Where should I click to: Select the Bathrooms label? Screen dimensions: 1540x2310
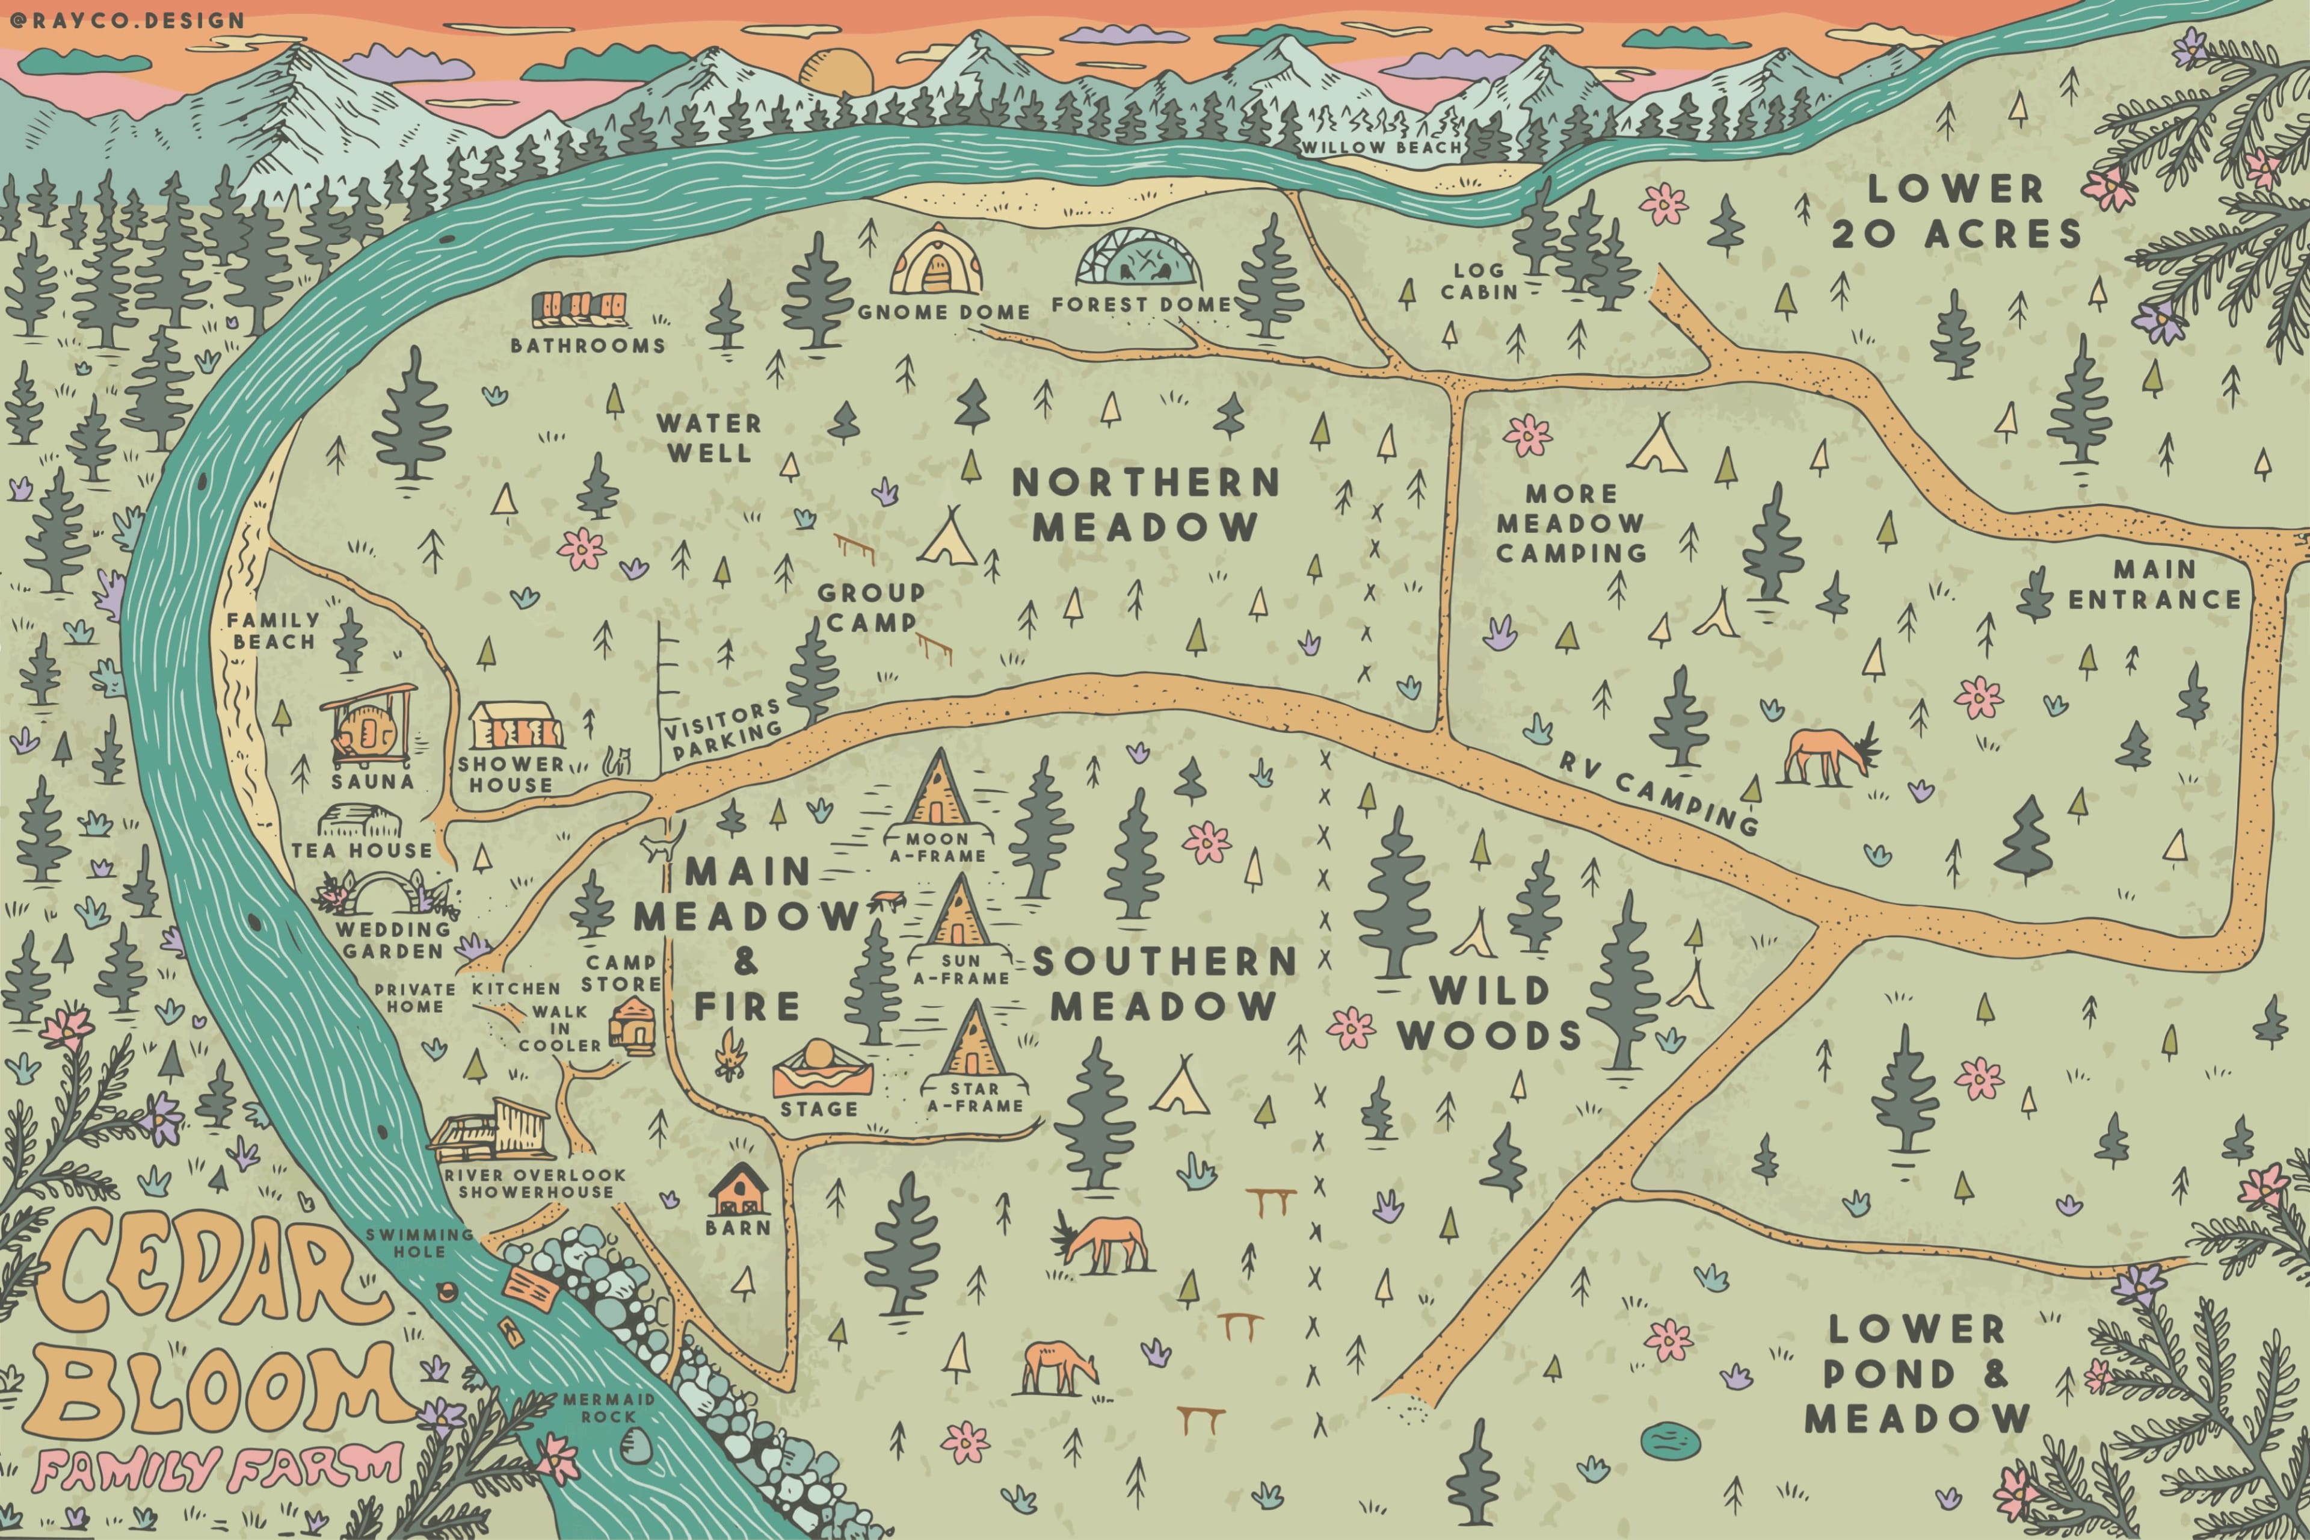tap(587, 345)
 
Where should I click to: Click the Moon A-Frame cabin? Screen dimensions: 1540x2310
tap(938, 788)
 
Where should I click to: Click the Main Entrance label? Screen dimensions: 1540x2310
tap(2155, 584)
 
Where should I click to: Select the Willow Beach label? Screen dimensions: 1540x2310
tap(1381, 148)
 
